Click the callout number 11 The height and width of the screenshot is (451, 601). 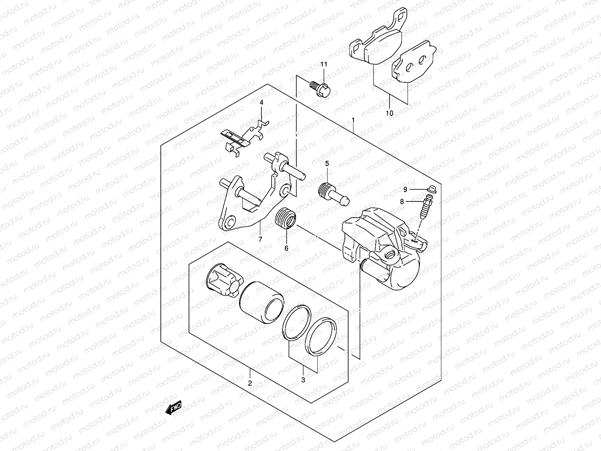324,64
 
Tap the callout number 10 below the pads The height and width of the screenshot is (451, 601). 389,113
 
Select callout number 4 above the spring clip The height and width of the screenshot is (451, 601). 261,102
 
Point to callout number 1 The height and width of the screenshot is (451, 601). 353,120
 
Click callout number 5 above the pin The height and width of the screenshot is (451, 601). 327,163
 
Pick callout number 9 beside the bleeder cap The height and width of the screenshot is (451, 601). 405,189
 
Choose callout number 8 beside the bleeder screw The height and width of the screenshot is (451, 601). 402,201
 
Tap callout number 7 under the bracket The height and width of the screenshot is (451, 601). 260,239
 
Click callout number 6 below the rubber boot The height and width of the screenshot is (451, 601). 286,248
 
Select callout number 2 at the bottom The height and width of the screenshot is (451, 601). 250,383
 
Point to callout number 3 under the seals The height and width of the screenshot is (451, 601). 303,380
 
